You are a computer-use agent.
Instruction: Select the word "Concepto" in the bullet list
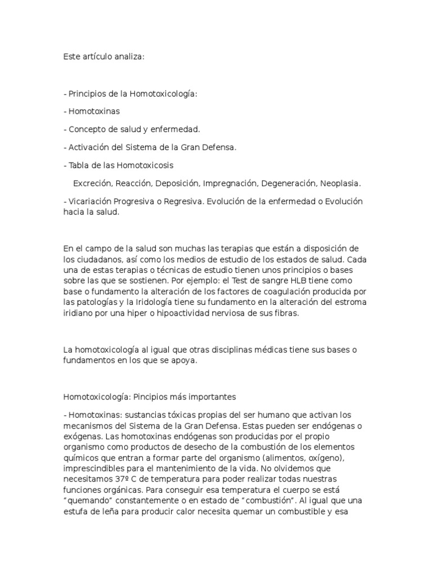tap(85, 129)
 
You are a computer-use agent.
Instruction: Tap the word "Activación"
tap(89, 147)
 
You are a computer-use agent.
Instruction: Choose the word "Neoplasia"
tap(340, 183)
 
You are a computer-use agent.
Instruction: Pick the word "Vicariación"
tap(91, 201)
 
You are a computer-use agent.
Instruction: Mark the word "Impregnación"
tap(229, 183)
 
